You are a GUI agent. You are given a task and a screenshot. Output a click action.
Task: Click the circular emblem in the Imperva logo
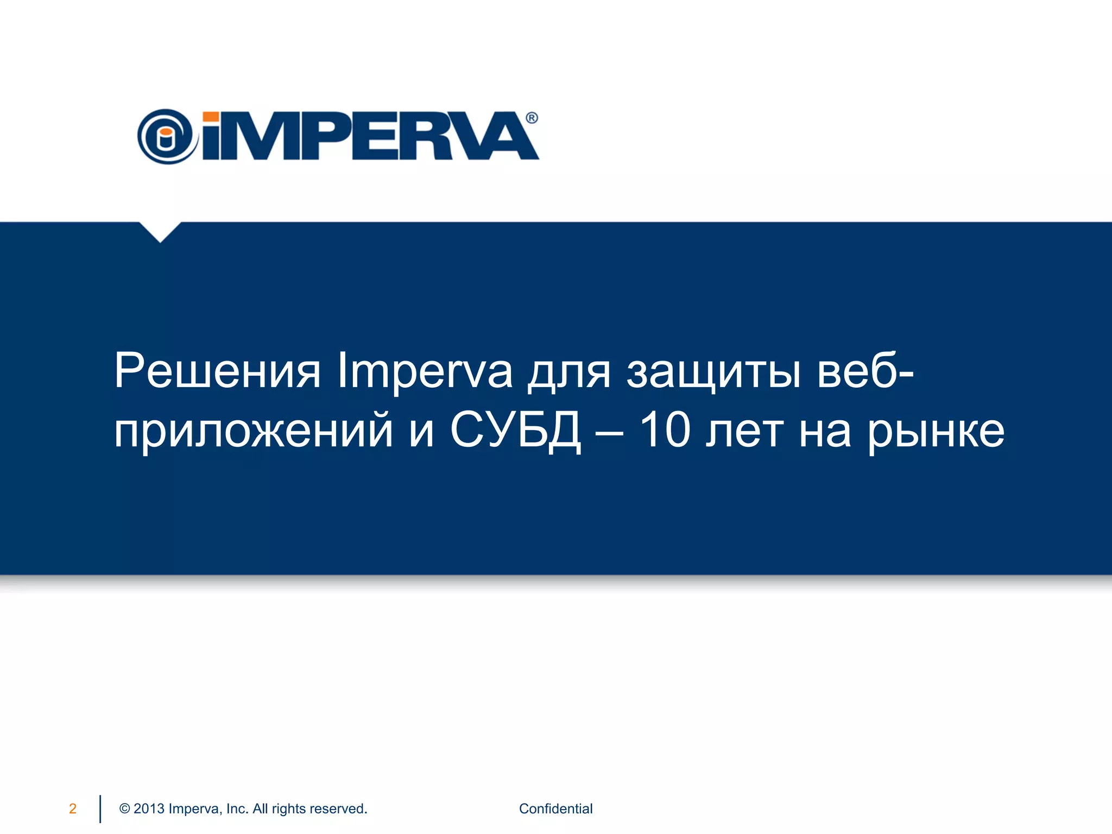tap(166, 136)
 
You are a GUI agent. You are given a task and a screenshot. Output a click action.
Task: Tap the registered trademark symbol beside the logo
tap(532, 118)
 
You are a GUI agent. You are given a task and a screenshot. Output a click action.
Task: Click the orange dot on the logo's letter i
tap(211, 117)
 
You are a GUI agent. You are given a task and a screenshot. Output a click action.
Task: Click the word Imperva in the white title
tap(425, 371)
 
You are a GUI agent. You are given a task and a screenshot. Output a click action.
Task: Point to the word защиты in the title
tap(713, 371)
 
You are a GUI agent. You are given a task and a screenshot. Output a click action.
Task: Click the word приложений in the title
tap(253, 431)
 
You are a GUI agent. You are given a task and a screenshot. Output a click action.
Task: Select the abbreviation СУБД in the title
tap(516, 431)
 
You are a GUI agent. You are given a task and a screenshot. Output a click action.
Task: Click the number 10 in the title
tap(665, 430)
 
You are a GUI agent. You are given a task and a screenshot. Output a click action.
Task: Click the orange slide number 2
tap(73, 808)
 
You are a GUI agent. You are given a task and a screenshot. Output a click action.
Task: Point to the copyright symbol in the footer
tap(124, 808)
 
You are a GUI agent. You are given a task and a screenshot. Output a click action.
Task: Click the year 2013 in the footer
tap(149, 808)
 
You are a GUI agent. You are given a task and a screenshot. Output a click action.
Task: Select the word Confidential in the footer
tap(555, 808)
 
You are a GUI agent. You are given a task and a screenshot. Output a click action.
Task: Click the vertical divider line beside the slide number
tap(100, 808)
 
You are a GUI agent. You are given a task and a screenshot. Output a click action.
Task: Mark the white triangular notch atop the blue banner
tap(160, 230)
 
